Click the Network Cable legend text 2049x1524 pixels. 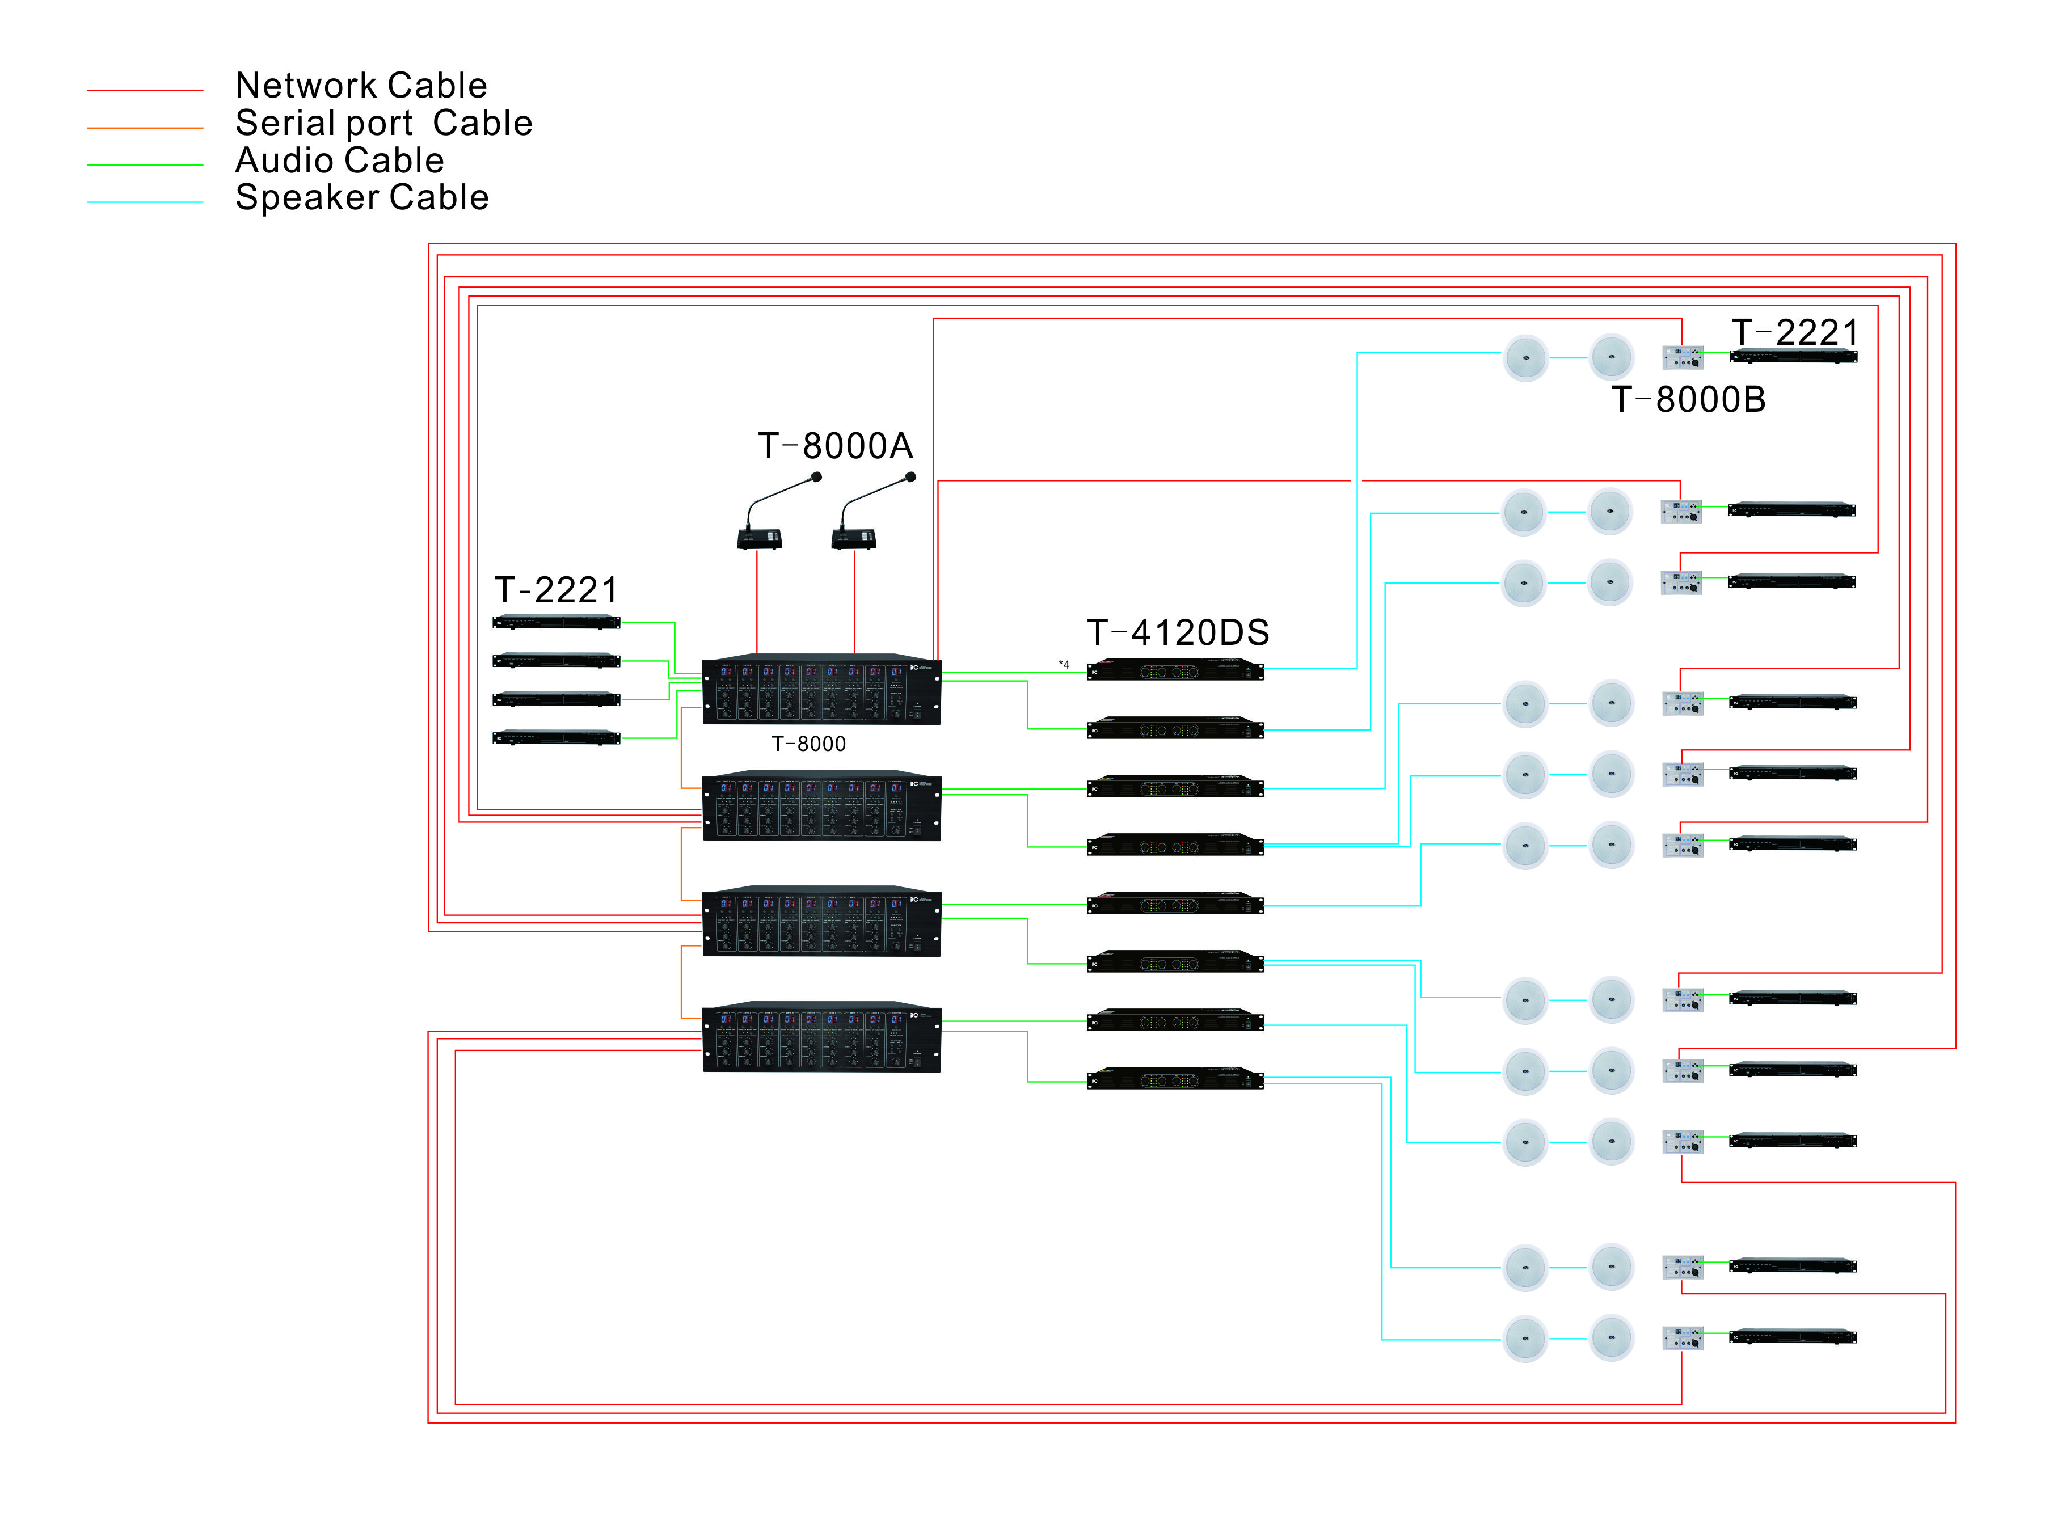[361, 86]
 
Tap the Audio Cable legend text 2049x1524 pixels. [339, 161]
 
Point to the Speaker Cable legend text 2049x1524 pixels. [362, 197]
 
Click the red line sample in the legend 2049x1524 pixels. [145, 90]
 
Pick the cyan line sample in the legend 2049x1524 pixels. [145, 202]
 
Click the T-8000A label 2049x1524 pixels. [835, 446]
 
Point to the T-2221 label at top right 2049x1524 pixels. [1794, 333]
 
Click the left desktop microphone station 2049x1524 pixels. [759, 538]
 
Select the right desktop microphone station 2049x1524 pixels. [853, 538]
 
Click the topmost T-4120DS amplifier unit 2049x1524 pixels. [1174, 670]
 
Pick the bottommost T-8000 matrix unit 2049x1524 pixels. [821, 1038]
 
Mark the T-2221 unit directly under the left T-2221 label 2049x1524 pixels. [556, 623]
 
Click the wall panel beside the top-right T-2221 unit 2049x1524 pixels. [1682, 357]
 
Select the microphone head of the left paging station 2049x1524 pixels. [816, 477]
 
